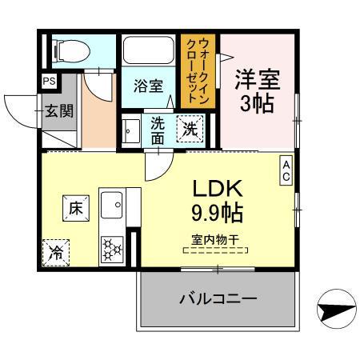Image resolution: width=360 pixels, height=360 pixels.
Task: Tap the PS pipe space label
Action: click(x=48, y=80)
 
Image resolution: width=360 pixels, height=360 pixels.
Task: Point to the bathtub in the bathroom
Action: click(x=149, y=51)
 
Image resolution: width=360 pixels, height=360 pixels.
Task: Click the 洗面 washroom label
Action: click(x=158, y=130)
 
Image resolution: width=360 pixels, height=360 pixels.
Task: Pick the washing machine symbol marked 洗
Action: click(x=190, y=127)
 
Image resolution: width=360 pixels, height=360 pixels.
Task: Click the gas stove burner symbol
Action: click(x=110, y=250)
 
